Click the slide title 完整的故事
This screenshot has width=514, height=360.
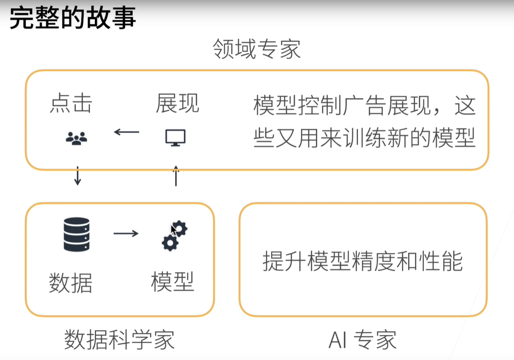pyautogui.click(x=72, y=18)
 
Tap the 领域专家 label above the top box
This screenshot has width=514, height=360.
pyautogui.click(x=257, y=49)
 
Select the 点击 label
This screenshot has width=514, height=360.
pyautogui.click(x=71, y=103)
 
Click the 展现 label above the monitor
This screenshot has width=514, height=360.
pyautogui.click(x=177, y=103)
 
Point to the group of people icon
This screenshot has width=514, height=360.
pyautogui.click(x=76, y=138)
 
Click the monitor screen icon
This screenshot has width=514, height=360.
pyautogui.click(x=175, y=137)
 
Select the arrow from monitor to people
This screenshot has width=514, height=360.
pyautogui.click(x=127, y=132)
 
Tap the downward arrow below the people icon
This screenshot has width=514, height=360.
pyautogui.click(x=78, y=176)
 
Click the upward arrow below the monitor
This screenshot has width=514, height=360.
pyautogui.click(x=176, y=176)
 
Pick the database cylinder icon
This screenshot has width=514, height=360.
pyautogui.click(x=77, y=234)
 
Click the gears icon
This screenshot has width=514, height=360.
pyautogui.click(x=174, y=236)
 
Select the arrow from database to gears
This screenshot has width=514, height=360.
pyautogui.click(x=126, y=233)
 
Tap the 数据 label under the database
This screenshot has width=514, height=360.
pyautogui.click(x=70, y=283)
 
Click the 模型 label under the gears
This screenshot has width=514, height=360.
pyautogui.click(x=172, y=281)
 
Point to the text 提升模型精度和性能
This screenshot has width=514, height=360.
pyautogui.click(x=362, y=261)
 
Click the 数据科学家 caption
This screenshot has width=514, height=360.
pyautogui.click(x=119, y=340)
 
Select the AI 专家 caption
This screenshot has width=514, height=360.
pyautogui.click(x=362, y=340)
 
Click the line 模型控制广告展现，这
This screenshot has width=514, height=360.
pyautogui.click(x=364, y=105)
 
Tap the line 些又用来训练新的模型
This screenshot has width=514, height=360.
pyautogui.click(x=364, y=137)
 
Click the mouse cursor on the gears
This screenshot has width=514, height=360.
pyautogui.click(x=174, y=230)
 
